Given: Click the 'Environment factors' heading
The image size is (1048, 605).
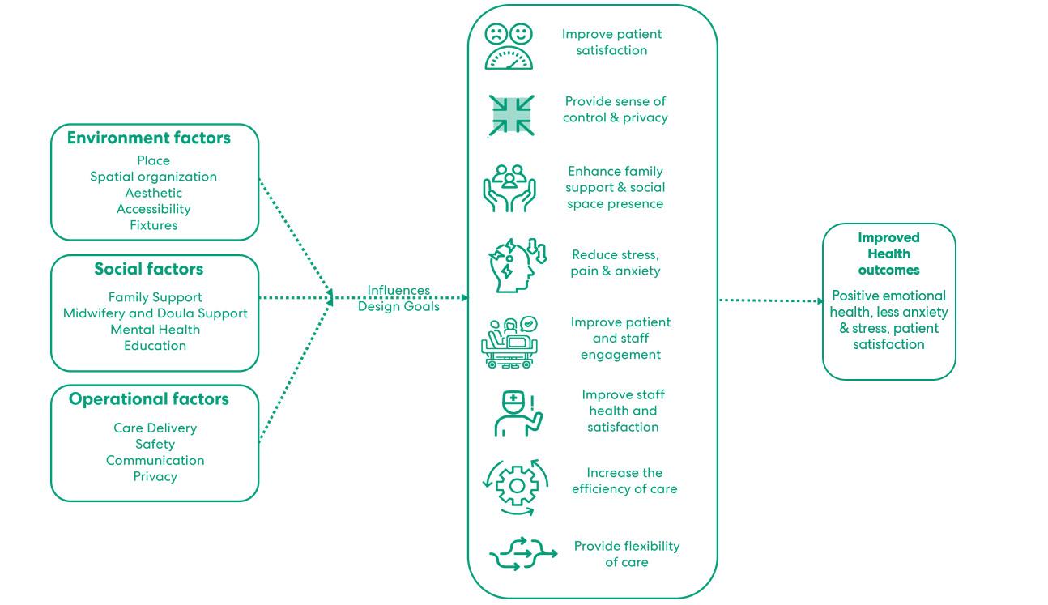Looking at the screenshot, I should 148,138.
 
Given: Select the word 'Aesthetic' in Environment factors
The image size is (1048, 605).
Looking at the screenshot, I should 154,193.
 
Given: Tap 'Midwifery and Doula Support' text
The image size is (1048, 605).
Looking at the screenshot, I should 155,313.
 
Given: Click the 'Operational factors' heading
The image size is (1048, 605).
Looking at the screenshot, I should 149,399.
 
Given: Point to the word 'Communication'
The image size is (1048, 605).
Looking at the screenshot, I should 155,460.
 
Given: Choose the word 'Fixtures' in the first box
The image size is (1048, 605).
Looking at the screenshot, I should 154,225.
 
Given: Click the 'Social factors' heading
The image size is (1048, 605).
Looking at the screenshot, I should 148,269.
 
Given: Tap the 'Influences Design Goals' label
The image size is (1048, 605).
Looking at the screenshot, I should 399,298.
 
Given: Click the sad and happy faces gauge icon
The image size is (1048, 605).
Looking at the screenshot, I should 509,46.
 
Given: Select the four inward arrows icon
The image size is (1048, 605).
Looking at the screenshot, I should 512,115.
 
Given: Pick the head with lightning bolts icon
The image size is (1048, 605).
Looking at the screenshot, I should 516,263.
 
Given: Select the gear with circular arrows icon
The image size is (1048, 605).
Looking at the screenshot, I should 515,486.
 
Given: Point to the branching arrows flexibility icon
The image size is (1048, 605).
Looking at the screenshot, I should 522,554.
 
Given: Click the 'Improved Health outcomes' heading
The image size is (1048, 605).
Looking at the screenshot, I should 888,254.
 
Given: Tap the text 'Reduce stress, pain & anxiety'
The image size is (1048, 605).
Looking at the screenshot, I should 616,262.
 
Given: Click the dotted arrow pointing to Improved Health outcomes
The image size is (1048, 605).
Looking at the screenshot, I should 769,300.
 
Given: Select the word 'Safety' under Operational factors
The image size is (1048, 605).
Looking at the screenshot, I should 155,444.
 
